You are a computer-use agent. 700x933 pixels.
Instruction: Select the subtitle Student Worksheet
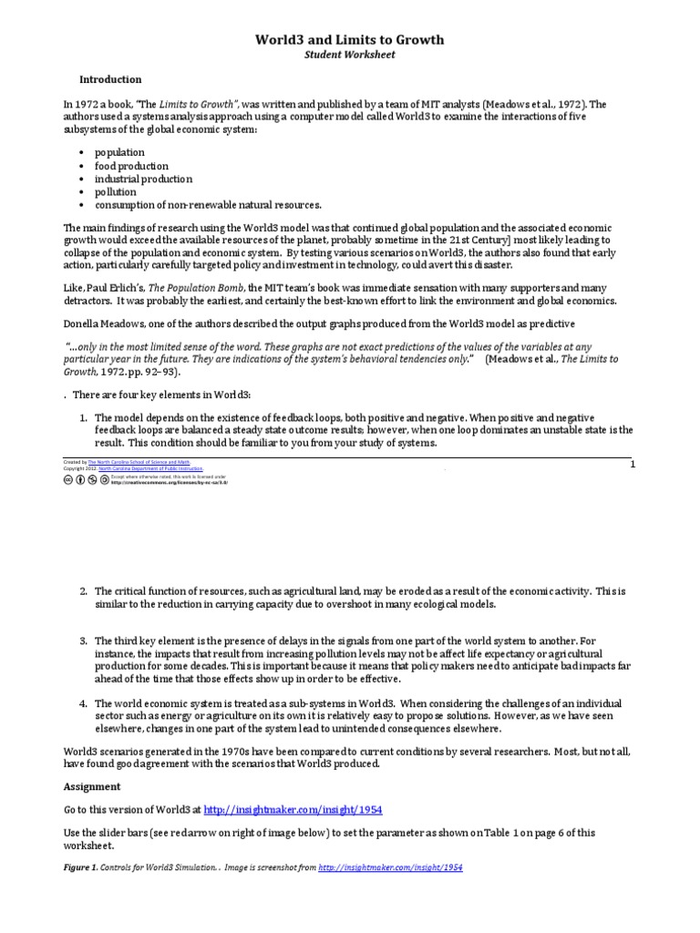(349, 55)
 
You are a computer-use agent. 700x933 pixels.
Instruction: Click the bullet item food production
(131, 166)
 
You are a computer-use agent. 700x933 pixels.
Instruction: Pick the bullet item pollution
(115, 192)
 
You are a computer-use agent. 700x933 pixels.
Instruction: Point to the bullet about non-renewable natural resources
(208, 205)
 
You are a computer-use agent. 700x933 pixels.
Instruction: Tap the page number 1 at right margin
(632, 466)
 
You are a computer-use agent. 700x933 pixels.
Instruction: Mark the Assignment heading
(91, 785)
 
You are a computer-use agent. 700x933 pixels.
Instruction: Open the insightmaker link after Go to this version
(273, 809)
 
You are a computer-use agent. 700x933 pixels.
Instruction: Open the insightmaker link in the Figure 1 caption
(390, 867)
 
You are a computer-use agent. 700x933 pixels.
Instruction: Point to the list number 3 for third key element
(82, 641)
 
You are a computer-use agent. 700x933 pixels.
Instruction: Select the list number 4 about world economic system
(82, 703)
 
